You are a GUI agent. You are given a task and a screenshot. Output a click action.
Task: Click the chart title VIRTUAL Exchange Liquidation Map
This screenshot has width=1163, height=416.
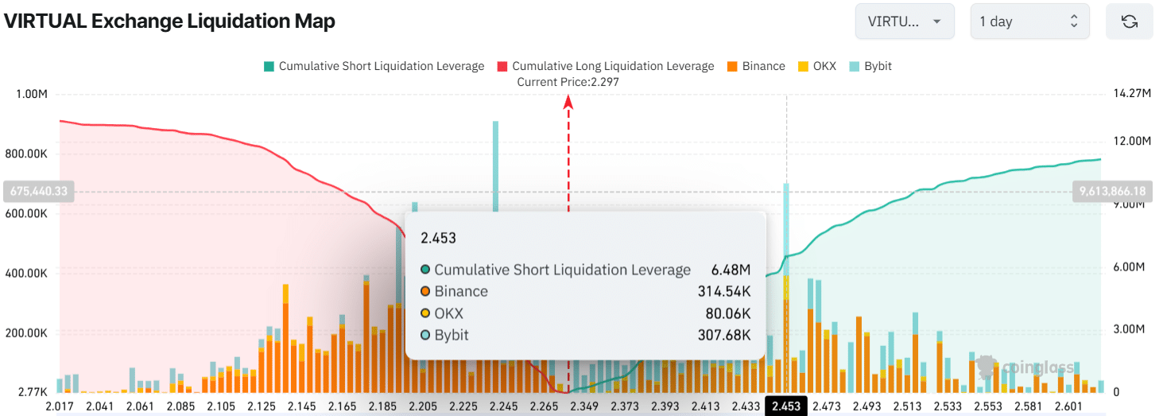click(169, 21)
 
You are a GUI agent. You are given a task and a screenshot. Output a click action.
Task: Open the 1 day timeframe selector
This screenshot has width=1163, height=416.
click(1029, 21)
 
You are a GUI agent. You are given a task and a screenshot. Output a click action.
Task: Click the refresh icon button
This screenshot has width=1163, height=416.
click(1129, 21)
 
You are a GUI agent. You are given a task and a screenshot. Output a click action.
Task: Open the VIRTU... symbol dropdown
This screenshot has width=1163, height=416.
click(904, 21)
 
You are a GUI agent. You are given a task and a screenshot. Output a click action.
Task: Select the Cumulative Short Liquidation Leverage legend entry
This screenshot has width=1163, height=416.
click(374, 66)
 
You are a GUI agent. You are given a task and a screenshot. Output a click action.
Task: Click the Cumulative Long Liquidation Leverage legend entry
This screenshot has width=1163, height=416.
click(605, 66)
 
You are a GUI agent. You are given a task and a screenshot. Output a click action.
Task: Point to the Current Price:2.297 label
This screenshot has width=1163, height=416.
click(568, 82)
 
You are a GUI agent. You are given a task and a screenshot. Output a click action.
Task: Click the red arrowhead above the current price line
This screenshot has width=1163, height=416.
click(568, 101)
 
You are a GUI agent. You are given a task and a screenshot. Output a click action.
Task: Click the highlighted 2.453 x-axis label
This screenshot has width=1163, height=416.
click(785, 406)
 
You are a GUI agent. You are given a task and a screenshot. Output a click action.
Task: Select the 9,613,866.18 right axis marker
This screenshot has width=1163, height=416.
click(1113, 191)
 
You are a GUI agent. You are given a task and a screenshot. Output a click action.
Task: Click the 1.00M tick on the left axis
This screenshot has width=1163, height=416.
click(31, 94)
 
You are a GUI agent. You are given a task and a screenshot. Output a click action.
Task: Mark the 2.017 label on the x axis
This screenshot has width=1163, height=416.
click(59, 406)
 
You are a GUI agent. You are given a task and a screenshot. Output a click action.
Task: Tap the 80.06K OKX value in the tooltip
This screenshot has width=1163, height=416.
click(728, 313)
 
